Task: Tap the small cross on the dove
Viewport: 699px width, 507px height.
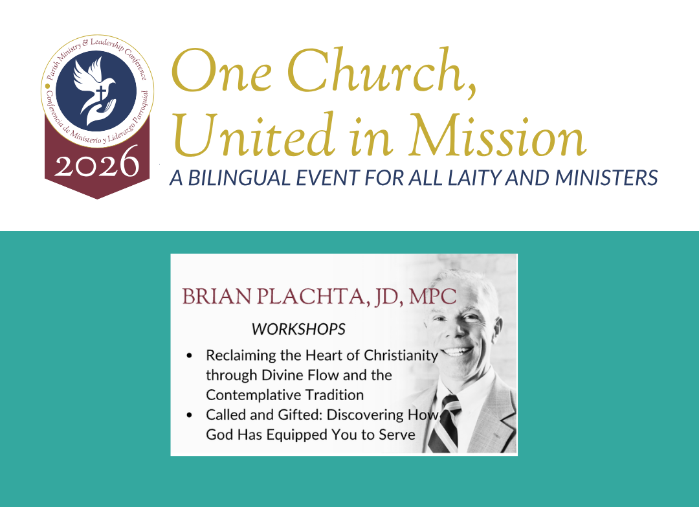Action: [x=102, y=93]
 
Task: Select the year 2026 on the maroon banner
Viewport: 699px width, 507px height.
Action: [x=96, y=163]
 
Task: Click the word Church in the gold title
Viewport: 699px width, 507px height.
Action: [x=382, y=71]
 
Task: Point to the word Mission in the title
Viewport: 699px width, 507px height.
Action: [x=498, y=135]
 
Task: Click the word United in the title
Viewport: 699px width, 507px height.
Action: [x=253, y=135]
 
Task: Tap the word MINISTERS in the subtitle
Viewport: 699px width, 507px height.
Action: [x=606, y=177]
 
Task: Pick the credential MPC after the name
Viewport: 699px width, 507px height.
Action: [x=432, y=297]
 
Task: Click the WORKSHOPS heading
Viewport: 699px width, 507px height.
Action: [x=298, y=329]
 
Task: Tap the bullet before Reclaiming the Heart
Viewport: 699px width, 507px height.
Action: [x=190, y=355]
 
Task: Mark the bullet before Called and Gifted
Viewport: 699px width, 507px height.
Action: [x=190, y=415]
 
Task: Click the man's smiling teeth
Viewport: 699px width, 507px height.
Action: [x=456, y=352]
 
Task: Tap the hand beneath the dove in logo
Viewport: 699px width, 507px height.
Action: [x=101, y=111]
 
